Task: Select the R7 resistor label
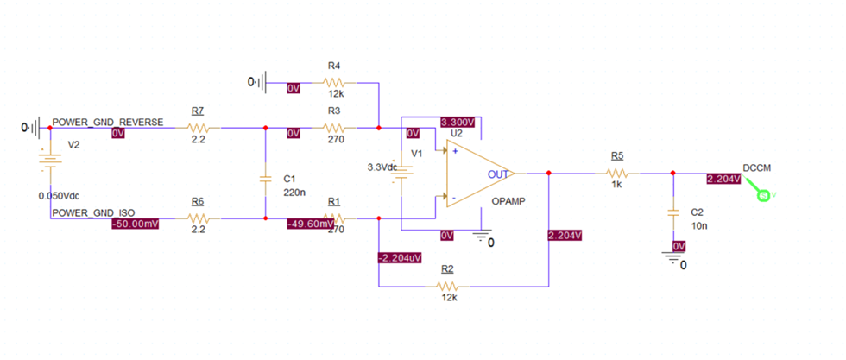pyautogui.click(x=198, y=111)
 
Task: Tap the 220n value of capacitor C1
pyautogui.click(x=294, y=193)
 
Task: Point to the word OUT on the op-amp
pyautogui.click(x=499, y=174)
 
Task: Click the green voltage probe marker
pyautogui.click(x=764, y=196)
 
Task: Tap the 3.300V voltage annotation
pyautogui.click(x=459, y=122)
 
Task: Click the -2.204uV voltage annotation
pyautogui.click(x=400, y=257)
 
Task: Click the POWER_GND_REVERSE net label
pyautogui.click(x=107, y=122)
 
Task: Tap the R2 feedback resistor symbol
pyautogui.click(x=446, y=286)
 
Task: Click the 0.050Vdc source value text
pyautogui.click(x=60, y=195)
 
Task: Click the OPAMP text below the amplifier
pyautogui.click(x=509, y=200)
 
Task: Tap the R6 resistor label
pyautogui.click(x=198, y=201)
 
